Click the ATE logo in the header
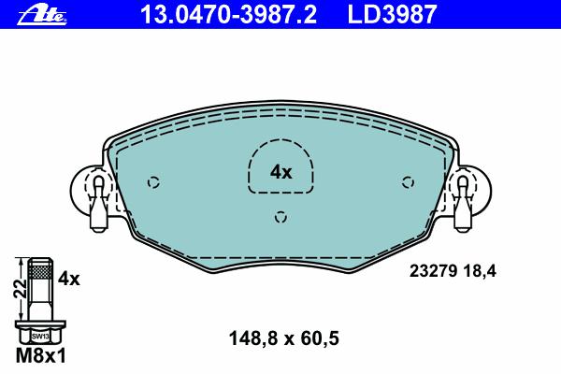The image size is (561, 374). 42,15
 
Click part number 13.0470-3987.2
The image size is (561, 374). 229,14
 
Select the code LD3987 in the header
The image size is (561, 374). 392,14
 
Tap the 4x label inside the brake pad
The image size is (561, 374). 280,172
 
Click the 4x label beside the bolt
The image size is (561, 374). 69,279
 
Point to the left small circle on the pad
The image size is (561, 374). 153,182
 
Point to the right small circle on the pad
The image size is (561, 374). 408,182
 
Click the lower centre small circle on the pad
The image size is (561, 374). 280,217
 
